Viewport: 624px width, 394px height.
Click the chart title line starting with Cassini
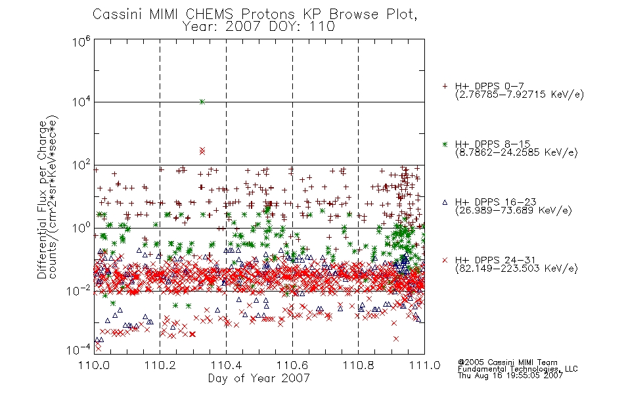click(x=255, y=14)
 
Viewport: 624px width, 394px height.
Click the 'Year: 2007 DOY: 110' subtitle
click(x=259, y=27)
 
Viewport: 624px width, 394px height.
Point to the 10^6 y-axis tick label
click(x=81, y=41)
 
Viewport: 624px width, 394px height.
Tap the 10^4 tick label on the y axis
click(x=81, y=102)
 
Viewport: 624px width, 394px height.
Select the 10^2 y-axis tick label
click(x=81, y=165)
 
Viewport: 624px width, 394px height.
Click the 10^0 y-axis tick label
click(x=81, y=228)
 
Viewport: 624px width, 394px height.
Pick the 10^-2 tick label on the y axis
click(x=79, y=291)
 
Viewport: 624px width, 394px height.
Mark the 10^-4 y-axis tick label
click(x=79, y=350)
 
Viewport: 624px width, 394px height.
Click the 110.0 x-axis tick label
click(x=94, y=365)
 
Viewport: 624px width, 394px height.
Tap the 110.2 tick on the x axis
click(x=160, y=365)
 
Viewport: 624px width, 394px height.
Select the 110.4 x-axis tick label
click(x=226, y=365)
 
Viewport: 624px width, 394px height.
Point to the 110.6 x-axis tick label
click(x=292, y=365)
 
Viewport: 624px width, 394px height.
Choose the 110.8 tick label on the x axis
click(x=358, y=365)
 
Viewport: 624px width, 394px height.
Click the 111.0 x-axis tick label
click(x=424, y=365)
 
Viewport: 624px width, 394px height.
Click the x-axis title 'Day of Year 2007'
click(x=259, y=378)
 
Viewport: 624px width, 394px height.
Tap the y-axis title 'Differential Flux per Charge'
click(x=42, y=200)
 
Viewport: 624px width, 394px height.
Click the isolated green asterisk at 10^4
click(x=202, y=102)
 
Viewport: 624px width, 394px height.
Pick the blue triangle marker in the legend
click(x=445, y=202)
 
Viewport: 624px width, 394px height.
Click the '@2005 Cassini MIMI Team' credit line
click(x=507, y=362)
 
